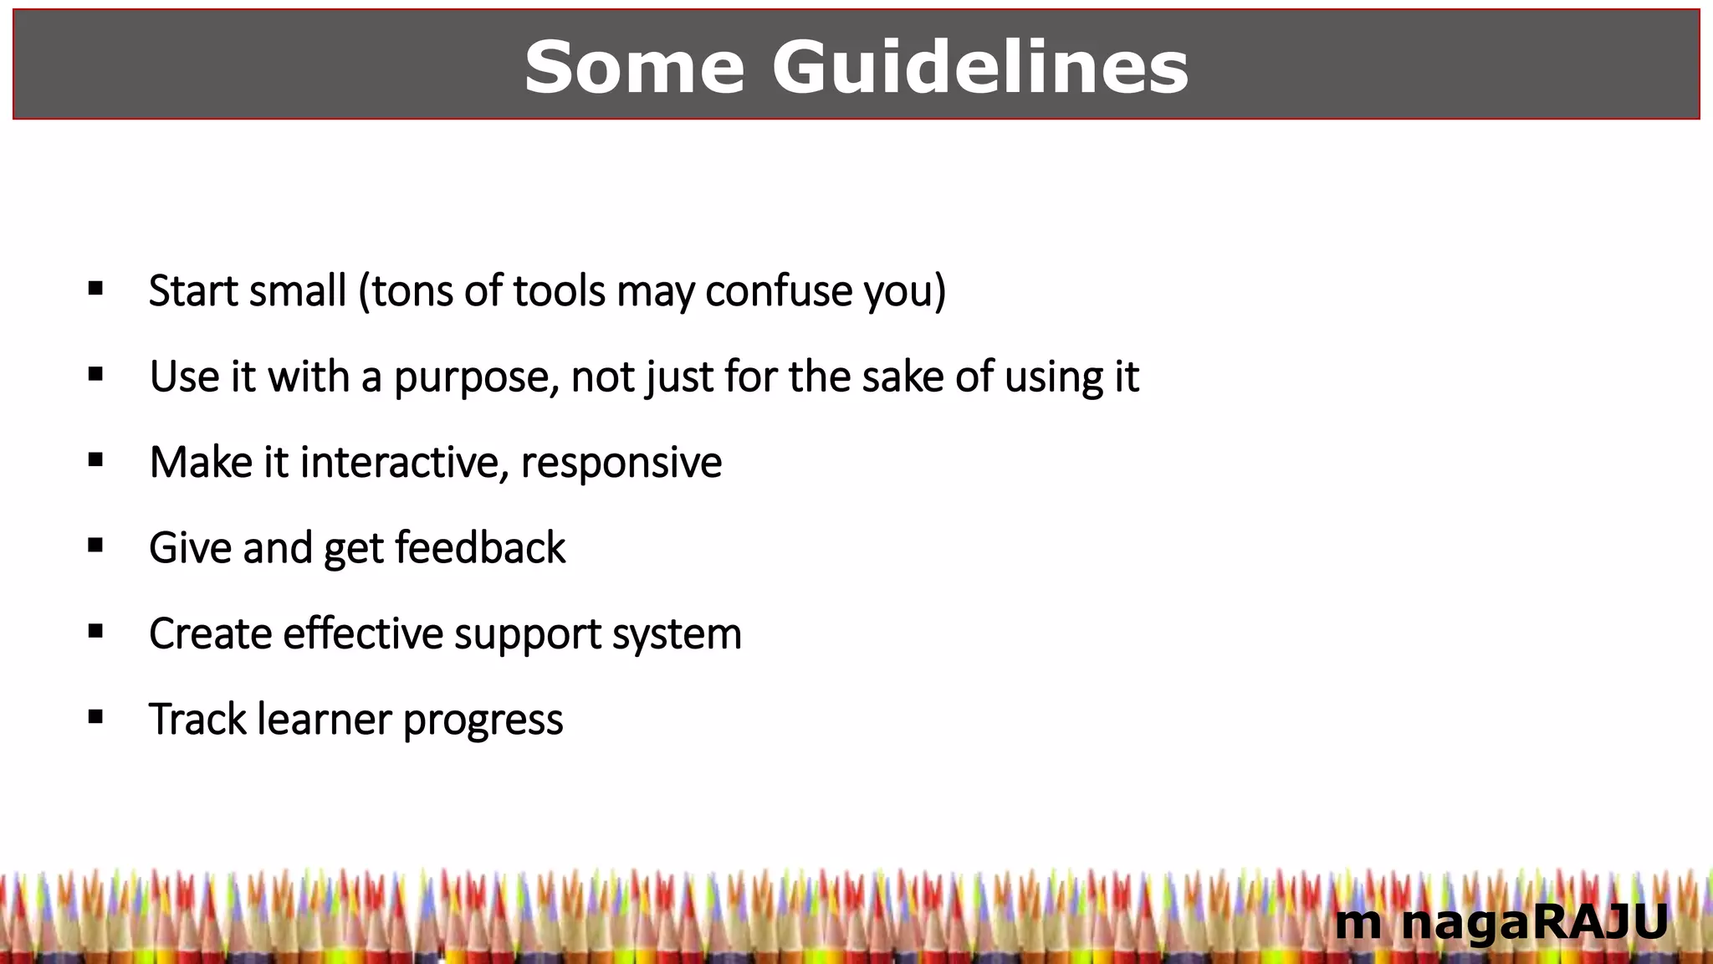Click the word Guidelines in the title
[x=979, y=67]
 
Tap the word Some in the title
[x=634, y=67]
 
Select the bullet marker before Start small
[x=95, y=290]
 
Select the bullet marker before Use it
[x=95, y=375]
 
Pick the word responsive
[x=621, y=464]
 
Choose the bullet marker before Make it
[x=95, y=460]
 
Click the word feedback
[x=480, y=548]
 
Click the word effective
[x=363, y=633]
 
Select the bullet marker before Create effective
[x=95, y=632]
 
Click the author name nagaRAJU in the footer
[x=1534, y=922]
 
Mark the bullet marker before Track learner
[x=95, y=717]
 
